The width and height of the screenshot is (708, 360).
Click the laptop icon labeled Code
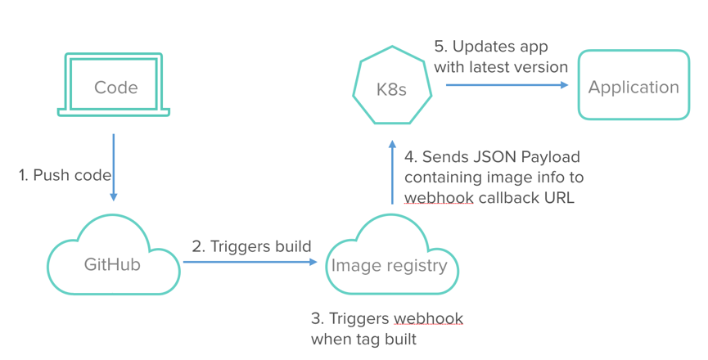pos(115,86)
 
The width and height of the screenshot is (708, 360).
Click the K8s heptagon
pos(392,88)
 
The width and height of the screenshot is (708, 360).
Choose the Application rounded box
pos(634,87)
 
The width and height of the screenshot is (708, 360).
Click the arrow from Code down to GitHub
pos(114,167)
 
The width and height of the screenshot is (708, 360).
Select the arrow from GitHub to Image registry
pos(250,262)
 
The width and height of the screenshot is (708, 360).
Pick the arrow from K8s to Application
pos(507,83)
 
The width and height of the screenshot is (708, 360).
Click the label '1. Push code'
pos(63,175)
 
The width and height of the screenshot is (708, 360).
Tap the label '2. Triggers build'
pos(251,245)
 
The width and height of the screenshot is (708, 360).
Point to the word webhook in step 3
pos(429,317)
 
